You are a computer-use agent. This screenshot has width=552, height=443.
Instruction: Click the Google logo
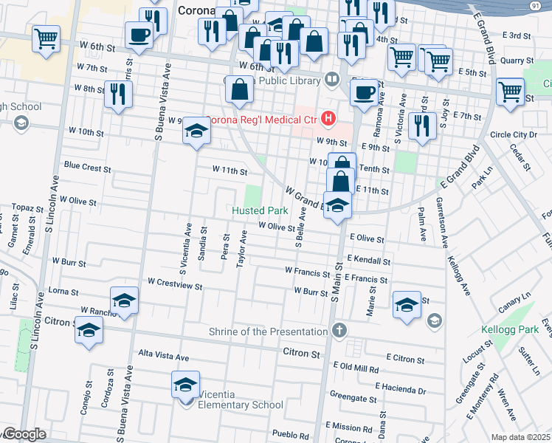pos(24,435)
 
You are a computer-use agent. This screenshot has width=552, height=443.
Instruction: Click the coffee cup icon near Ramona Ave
pos(362,92)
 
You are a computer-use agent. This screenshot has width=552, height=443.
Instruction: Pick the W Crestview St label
pos(175,281)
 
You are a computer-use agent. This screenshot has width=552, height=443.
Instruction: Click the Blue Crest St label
pos(88,167)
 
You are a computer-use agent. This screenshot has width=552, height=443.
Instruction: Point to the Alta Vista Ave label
pos(164,357)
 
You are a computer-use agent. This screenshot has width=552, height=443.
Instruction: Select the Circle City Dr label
pos(514,134)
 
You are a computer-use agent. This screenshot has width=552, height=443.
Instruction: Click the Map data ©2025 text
pos(521,437)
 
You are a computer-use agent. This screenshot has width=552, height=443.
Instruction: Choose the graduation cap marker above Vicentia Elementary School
pos(185,384)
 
